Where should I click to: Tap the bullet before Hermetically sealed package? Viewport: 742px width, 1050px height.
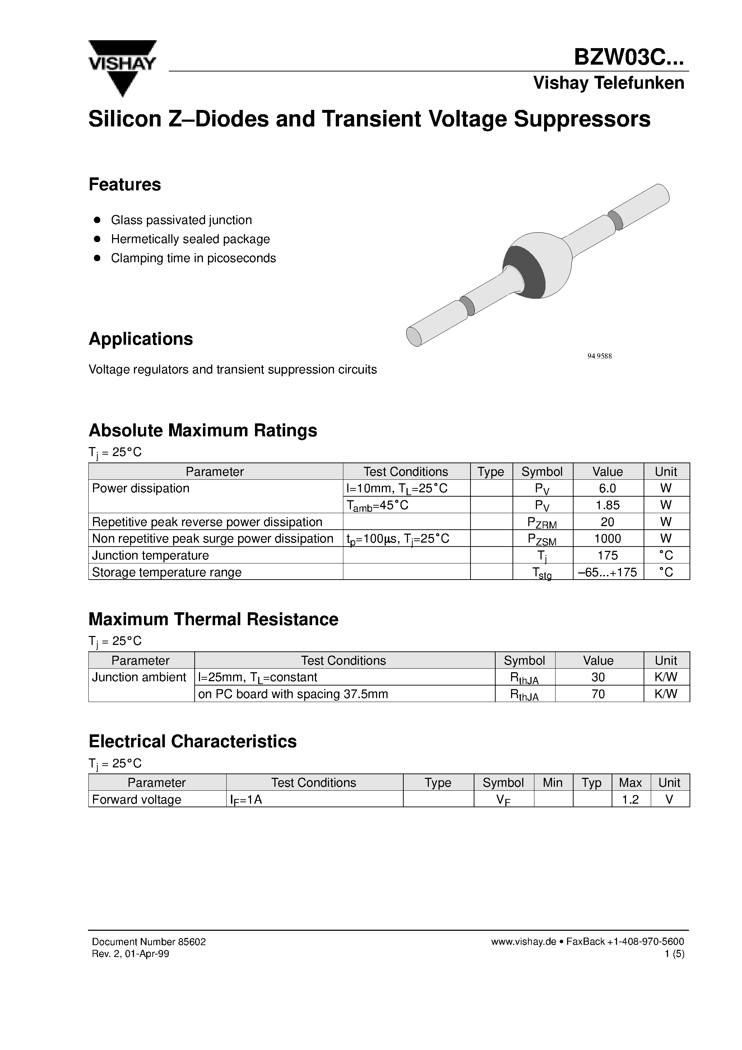click(x=97, y=239)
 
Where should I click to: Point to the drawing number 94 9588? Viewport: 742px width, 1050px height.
click(x=599, y=356)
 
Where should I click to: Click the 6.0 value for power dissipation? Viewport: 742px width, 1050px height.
click(x=608, y=488)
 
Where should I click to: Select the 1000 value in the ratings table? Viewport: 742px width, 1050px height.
click(x=608, y=539)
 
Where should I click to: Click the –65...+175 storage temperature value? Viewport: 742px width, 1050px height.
click(x=608, y=572)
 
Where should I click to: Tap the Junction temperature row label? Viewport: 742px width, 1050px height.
click(x=150, y=555)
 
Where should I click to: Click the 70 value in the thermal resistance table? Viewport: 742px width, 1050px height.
click(x=598, y=694)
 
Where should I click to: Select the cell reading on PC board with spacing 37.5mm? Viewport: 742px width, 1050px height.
click(x=293, y=694)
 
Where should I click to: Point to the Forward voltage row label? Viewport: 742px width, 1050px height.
click(x=137, y=799)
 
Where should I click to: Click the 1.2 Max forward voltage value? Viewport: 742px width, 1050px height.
click(x=630, y=799)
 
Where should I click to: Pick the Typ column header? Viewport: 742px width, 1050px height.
click(x=592, y=782)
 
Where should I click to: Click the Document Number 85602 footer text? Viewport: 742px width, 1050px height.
click(x=149, y=942)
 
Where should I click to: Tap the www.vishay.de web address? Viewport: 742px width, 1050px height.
click(x=523, y=942)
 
